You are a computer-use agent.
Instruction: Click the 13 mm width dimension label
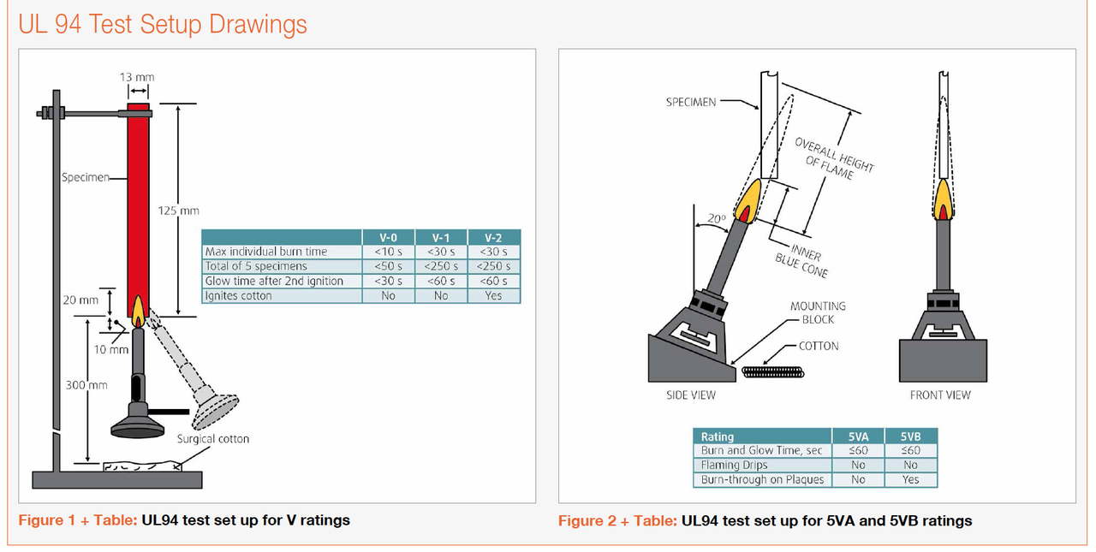pyautogui.click(x=137, y=77)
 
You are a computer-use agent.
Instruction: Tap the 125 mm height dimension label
pyautogui.click(x=179, y=211)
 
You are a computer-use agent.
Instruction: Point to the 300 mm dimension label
pyautogui.click(x=86, y=385)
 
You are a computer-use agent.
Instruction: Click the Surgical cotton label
pyautogui.click(x=213, y=439)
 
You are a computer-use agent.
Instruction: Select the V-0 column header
pyautogui.click(x=388, y=238)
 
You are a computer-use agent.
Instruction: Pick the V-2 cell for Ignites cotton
pyautogui.click(x=493, y=295)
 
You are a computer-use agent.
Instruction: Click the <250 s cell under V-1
pyautogui.click(x=441, y=266)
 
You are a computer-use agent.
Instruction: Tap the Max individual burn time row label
pyautogui.click(x=265, y=252)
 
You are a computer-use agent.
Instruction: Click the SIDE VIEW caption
pyautogui.click(x=690, y=395)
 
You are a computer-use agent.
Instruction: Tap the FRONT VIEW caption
pyautogui.click(x=940, y=395)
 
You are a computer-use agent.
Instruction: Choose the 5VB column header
pyautogui.click(x=910, y=436)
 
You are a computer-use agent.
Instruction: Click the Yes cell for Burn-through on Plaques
pyautogui.click(x=910, y=480)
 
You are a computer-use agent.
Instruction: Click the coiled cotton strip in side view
pyautogui.click(x=772, y=371)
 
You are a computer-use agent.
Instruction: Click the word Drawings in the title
pyautogui.click(x=253, y=24)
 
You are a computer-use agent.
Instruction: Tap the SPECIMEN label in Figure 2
pyautogui.click(x=692, y=102)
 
